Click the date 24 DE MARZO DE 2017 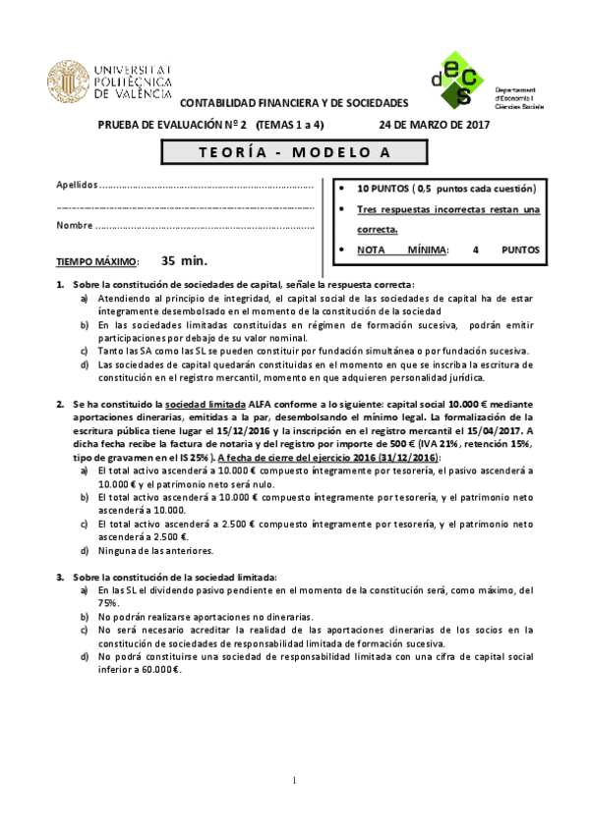tap(434, 125)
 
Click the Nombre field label tap(75, 225)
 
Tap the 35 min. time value tap(182, 261)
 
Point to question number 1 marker tap(60, 285)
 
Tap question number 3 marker tap(60, 576)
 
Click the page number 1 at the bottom tap(294, 781)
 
